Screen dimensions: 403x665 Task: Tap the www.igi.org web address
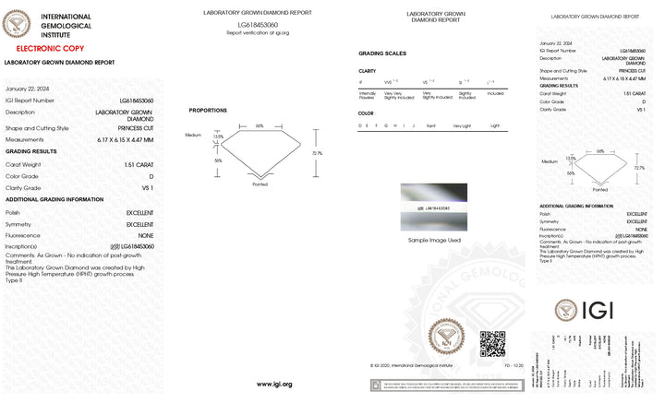pos(274,384)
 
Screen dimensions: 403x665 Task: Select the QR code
pos(492,344)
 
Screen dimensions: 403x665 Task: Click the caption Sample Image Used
pos(434,240)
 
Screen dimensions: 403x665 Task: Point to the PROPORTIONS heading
pos(208,110)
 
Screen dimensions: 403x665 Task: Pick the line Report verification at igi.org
pos(258,32)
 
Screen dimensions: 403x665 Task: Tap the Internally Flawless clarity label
pos(367,93)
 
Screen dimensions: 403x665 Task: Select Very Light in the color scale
pos(462,124)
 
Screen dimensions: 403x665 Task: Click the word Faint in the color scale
pos(431,124)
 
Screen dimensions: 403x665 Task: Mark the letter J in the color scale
pos(412,124)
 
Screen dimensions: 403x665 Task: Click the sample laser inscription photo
pos(434,208)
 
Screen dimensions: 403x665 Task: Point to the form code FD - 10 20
pos(514,364)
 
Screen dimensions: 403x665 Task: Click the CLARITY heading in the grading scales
pos(367,71)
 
